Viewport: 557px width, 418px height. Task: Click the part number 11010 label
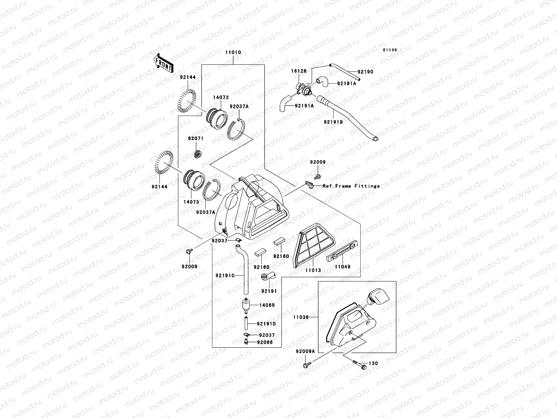point(233,53)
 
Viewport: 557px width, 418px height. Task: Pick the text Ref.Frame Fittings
point(351,186)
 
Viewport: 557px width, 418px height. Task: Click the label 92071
point(196,139)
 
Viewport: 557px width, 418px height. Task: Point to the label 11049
point(343,267)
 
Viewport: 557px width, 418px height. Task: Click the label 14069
point(267,305)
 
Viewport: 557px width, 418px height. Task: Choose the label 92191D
point(266,324)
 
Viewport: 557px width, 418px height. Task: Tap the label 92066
point(265,342)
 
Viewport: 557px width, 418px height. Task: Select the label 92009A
point(305,351)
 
